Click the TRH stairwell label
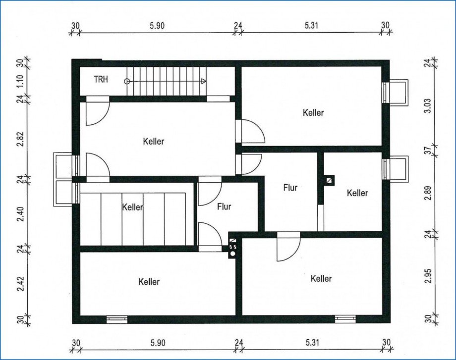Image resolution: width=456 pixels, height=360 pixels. click(101, 79)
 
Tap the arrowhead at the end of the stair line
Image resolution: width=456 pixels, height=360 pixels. click(204, 81)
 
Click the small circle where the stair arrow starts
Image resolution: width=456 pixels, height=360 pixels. click(127, 81)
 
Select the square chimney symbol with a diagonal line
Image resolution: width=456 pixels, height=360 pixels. click(329, 180)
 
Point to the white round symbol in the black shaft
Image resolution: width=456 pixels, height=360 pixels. click(232, 254)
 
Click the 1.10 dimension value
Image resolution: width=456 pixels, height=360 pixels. click(20, 82)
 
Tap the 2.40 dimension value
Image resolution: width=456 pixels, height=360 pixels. click(20, 214)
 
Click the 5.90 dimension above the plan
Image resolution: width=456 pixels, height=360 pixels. click(157, 26)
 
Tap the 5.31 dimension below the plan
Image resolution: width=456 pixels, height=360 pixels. click(312, 343)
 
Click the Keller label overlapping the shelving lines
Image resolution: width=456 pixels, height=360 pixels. click(133, 207)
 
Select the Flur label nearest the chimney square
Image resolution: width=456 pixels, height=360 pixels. click(290, 188)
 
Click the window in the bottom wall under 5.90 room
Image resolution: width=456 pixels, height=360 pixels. click(117, 319)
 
